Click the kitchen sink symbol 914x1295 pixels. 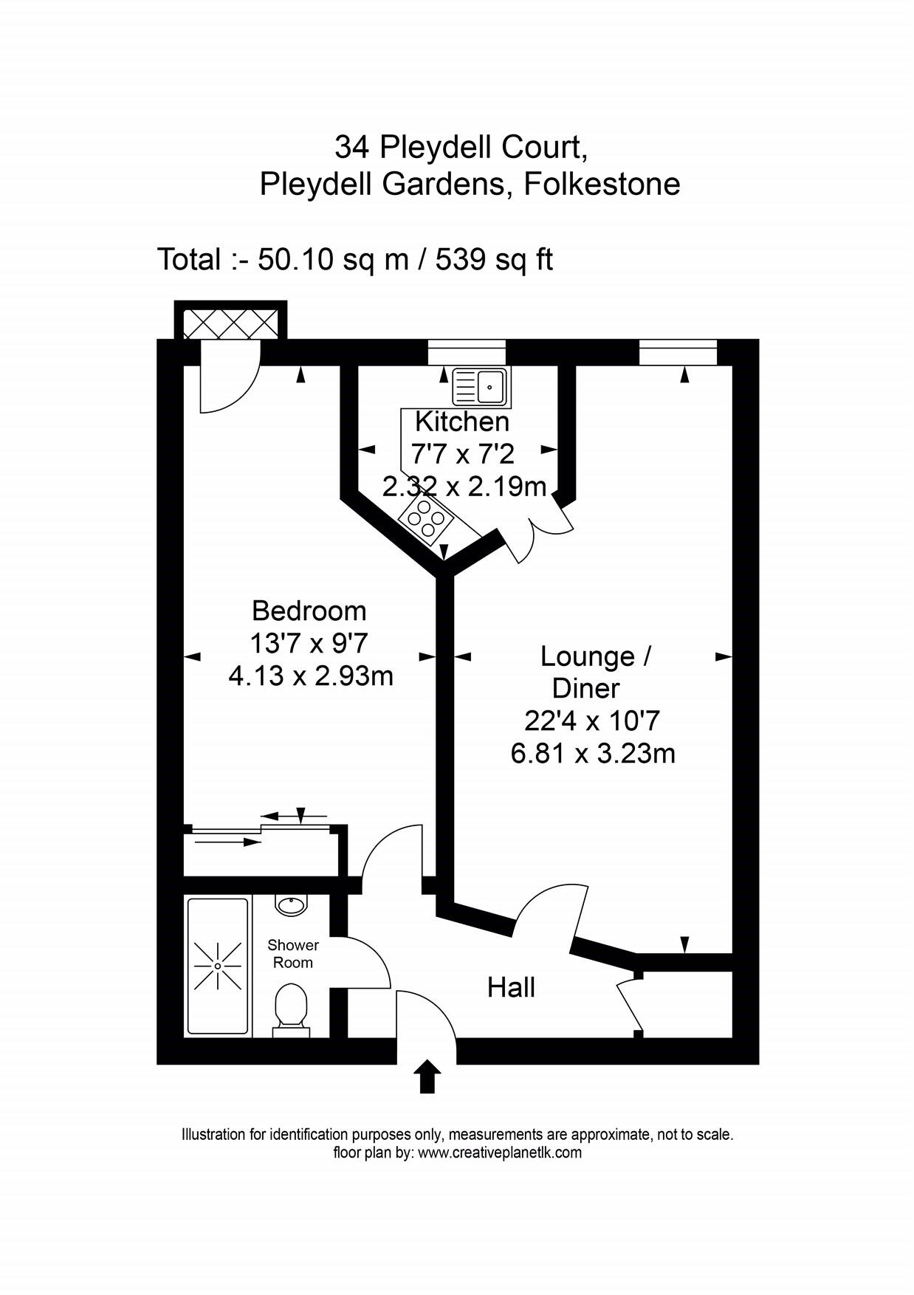[x=481, y=387]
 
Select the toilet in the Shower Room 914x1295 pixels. [x=290, y=1007]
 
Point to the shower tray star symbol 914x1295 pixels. [x=218, y=966]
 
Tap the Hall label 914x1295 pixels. [x=511, y=987]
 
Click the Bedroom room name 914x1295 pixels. [x=309, y=611]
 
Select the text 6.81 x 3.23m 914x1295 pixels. [x=593, y=754]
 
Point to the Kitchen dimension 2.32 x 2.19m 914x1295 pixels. [x=464, y=487]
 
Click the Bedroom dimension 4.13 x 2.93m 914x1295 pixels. [x=310, y=676]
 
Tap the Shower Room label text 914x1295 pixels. [x=293, y=953]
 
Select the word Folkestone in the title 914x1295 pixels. [x=602, y=183]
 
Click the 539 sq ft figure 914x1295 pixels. [x=493, y=259]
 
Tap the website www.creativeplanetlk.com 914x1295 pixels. [x=499, y=1153]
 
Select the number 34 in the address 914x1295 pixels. [x=352, y=147]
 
